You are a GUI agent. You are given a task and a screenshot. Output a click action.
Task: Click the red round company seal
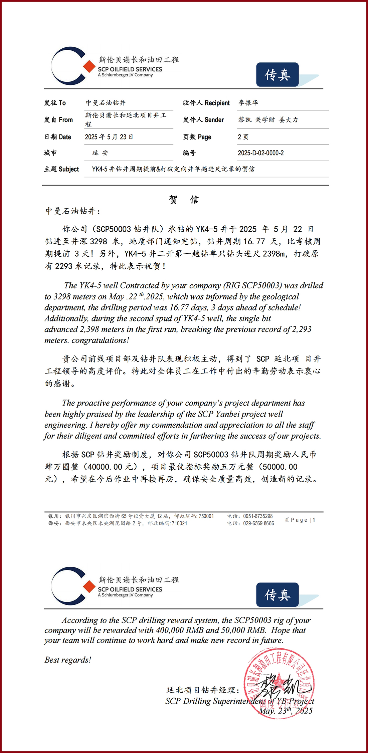[x=279, y=683]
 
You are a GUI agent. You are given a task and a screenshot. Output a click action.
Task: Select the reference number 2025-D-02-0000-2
[x=260, y=153]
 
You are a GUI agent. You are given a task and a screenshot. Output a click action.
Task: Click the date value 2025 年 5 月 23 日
[x=109, y=137]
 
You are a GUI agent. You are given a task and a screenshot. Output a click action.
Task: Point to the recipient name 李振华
[x=248, y=103]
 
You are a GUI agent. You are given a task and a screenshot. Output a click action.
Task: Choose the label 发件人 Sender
[x=203, y=120]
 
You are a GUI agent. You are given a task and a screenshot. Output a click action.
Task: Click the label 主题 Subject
[x=61, y=169]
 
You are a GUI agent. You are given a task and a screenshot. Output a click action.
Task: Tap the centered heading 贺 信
[x=184, y=200]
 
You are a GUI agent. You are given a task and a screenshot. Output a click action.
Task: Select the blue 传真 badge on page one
[x=277, y=75]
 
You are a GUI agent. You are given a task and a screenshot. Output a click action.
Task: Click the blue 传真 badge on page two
[x=277, y=595]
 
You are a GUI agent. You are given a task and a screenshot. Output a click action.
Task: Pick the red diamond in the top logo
[x=89, y=66]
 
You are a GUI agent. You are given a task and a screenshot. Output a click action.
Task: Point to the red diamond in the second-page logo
[x=89, y=586]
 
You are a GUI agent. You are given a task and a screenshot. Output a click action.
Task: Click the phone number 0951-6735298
[x=258, y=516]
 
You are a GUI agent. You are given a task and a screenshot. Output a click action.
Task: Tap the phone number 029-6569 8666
[x=258, y=523]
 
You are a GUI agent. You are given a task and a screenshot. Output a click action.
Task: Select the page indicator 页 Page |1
[x=300, y=520]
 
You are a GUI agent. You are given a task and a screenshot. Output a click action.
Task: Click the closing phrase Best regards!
[x=68, y=660]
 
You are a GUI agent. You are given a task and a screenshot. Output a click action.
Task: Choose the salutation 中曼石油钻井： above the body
[x=73, y=211]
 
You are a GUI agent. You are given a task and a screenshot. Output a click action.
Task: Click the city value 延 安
[x=100, y=153]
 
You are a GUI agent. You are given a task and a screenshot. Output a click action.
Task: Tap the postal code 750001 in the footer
[x=206, y=516]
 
